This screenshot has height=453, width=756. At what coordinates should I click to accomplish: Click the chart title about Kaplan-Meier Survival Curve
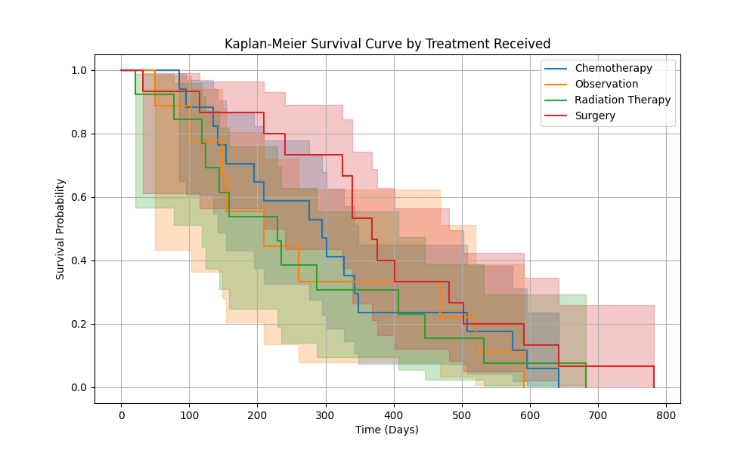click(387, 44)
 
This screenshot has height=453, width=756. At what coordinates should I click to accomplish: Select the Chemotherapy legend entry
click(613, 68)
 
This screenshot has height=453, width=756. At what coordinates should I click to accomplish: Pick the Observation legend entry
click(606, 84)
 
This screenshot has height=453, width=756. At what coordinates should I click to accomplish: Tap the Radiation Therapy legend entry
click(622, 100)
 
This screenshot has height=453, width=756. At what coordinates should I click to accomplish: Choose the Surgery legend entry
click(595, 116)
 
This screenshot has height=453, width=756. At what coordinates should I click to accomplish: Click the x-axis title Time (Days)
click(387, 430)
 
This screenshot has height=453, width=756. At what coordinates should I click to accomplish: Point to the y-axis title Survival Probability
click(60, 229)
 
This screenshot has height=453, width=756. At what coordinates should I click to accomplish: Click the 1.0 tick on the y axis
click(79, 70)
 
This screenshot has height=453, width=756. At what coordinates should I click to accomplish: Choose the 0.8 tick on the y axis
click(79, 134)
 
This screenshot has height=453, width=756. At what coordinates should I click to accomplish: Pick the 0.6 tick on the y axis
click(79, 197)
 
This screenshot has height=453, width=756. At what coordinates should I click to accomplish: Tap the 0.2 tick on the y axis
click(79, 324)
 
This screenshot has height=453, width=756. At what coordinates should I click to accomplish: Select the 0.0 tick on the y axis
click(79, 387)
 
